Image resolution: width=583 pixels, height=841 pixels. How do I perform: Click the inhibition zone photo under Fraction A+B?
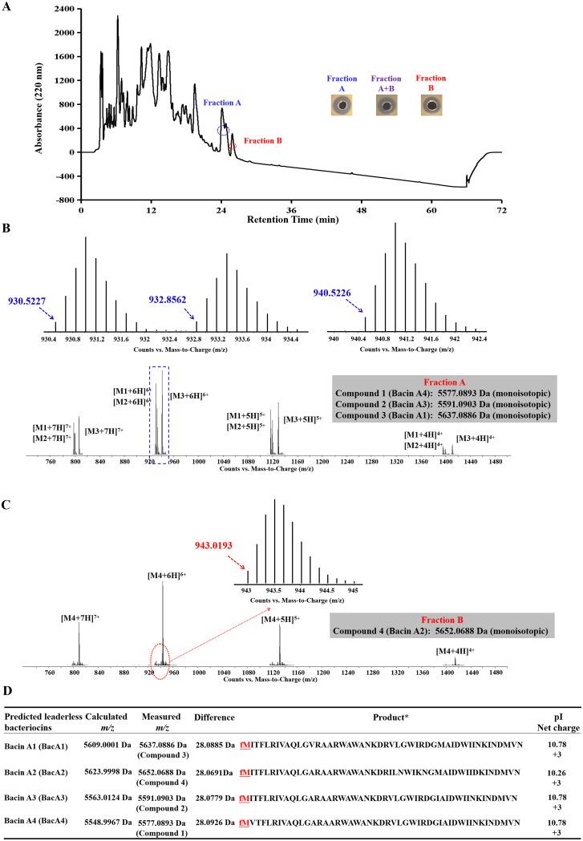pyautogui.click(x=387, y=106)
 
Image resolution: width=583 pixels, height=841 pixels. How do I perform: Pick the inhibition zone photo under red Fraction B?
pyautogui.click(x=434, y=106)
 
